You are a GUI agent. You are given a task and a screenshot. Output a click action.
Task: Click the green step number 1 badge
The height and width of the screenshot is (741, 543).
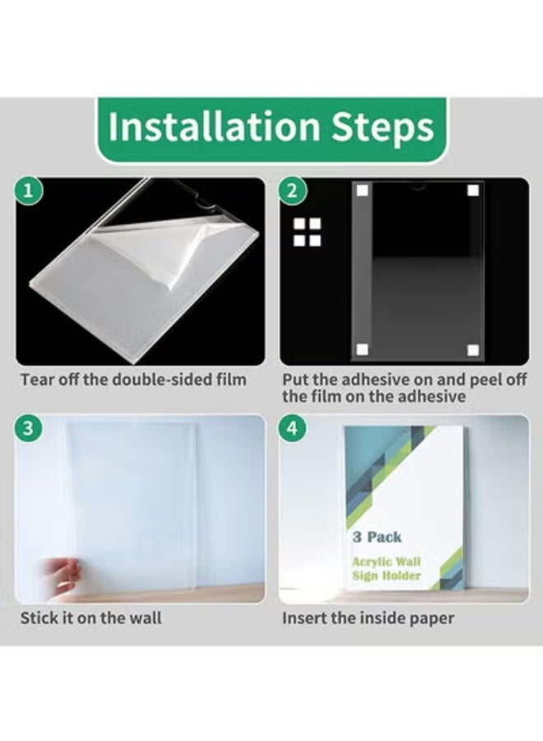tap(29, 191)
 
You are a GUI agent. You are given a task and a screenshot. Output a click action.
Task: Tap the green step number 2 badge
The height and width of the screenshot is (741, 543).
tap(292, 191)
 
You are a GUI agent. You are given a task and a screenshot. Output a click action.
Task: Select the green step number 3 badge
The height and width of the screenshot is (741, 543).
tap(28, 428)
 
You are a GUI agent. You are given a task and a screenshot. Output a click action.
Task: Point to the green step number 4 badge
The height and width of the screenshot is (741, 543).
tap(292, 428)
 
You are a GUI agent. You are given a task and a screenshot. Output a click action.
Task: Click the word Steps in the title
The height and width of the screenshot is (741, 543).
tap(383, 128)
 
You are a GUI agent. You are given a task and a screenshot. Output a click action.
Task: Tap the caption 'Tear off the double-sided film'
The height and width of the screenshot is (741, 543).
tap(133, 380)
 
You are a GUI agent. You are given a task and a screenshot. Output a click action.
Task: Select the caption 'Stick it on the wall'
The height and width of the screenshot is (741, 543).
tap(90, 618)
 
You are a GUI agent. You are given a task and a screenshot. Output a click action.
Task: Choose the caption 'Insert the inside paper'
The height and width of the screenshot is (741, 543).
tap(369, 618)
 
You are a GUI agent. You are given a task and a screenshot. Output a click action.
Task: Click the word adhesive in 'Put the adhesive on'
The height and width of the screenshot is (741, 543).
tap(375, 380)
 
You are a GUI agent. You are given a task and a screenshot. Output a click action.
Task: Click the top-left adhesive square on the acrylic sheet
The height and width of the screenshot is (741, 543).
tap(363, 190)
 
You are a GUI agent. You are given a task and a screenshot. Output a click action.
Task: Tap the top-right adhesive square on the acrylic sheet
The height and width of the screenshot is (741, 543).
tap(473, 190)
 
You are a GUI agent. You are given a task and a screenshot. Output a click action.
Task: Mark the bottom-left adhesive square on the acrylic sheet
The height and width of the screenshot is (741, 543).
tap(362, 350)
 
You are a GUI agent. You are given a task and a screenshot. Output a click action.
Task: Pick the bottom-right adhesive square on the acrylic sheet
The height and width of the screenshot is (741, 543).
tap(473, 350)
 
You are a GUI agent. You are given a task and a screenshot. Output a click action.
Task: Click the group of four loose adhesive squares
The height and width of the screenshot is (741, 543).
tap(307, 232)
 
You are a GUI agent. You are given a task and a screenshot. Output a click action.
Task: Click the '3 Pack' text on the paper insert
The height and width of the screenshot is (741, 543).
tap(377, 538)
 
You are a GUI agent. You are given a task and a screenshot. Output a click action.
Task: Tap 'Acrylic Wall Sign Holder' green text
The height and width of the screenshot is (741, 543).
tap(386, 568)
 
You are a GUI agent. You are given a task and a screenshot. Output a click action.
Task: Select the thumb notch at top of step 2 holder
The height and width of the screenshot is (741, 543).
tap(418, 187)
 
